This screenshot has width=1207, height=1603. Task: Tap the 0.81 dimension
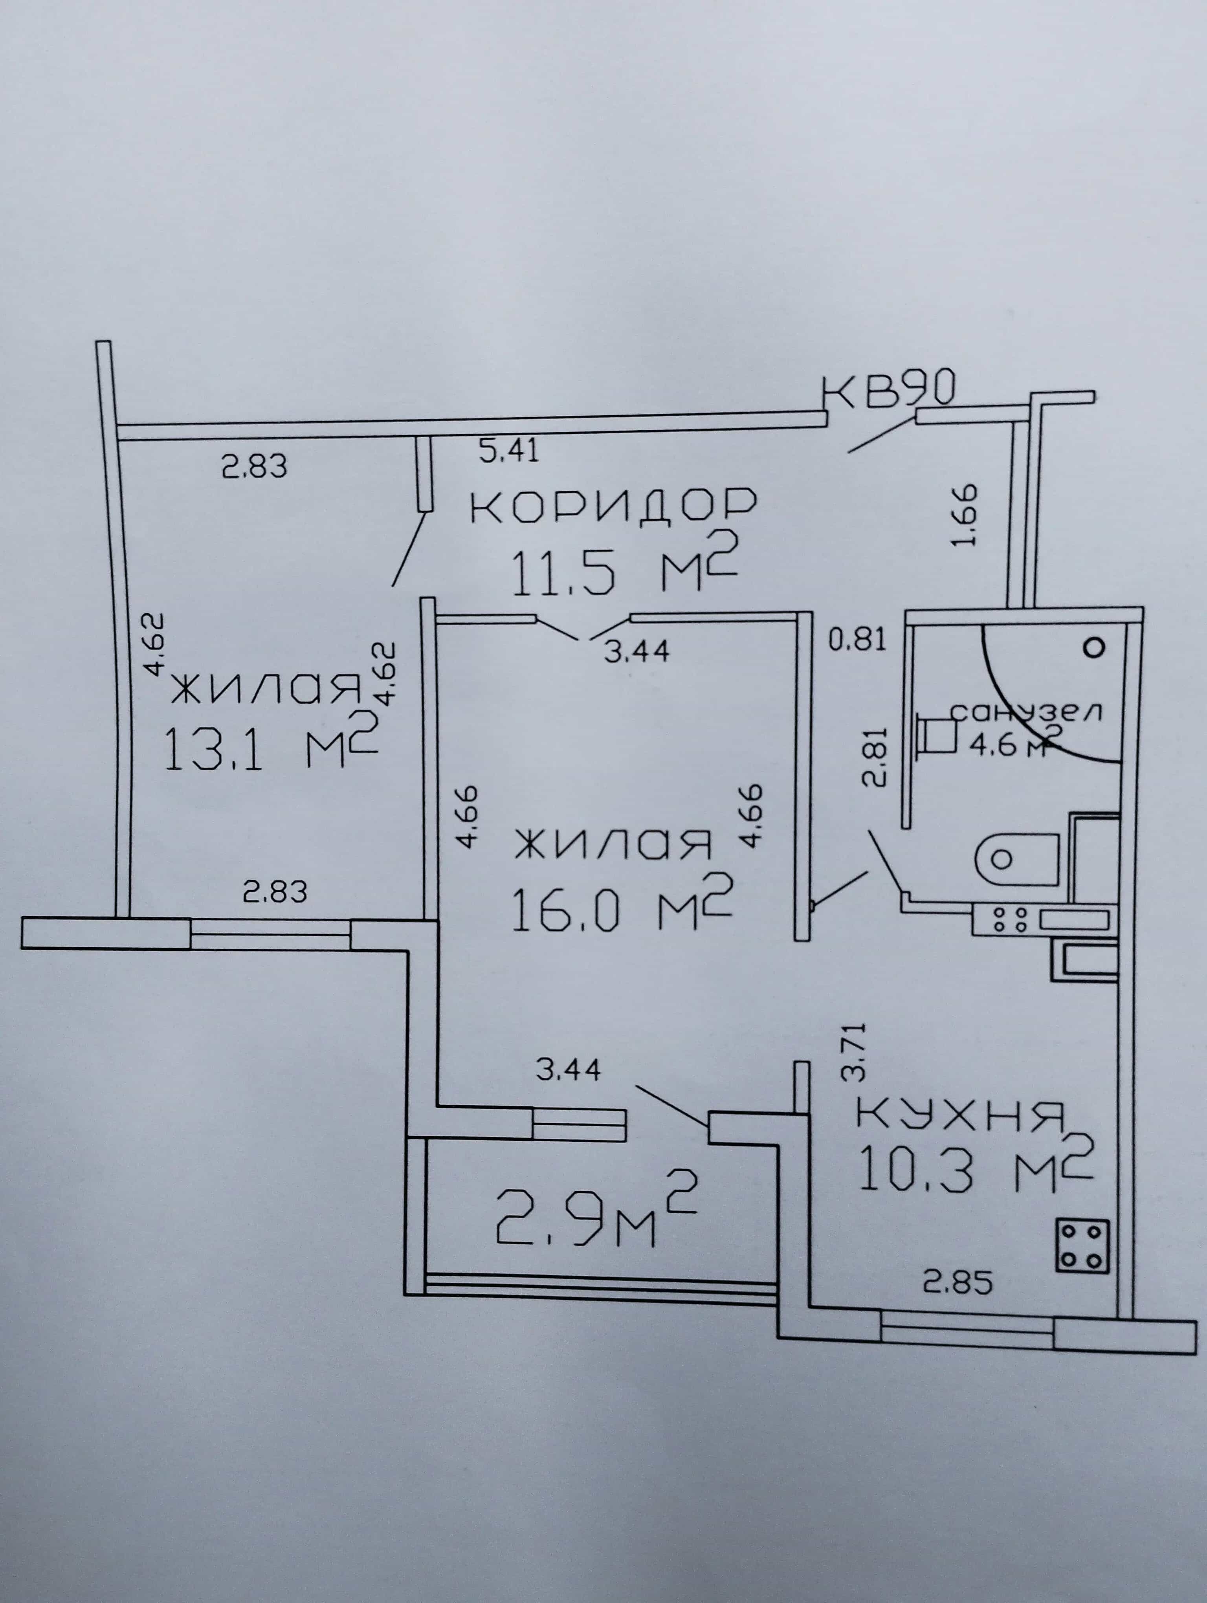coord(857,641)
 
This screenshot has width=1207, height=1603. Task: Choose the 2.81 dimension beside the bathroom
coord(875,757)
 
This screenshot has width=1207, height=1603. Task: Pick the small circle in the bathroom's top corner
coord(1095,647)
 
